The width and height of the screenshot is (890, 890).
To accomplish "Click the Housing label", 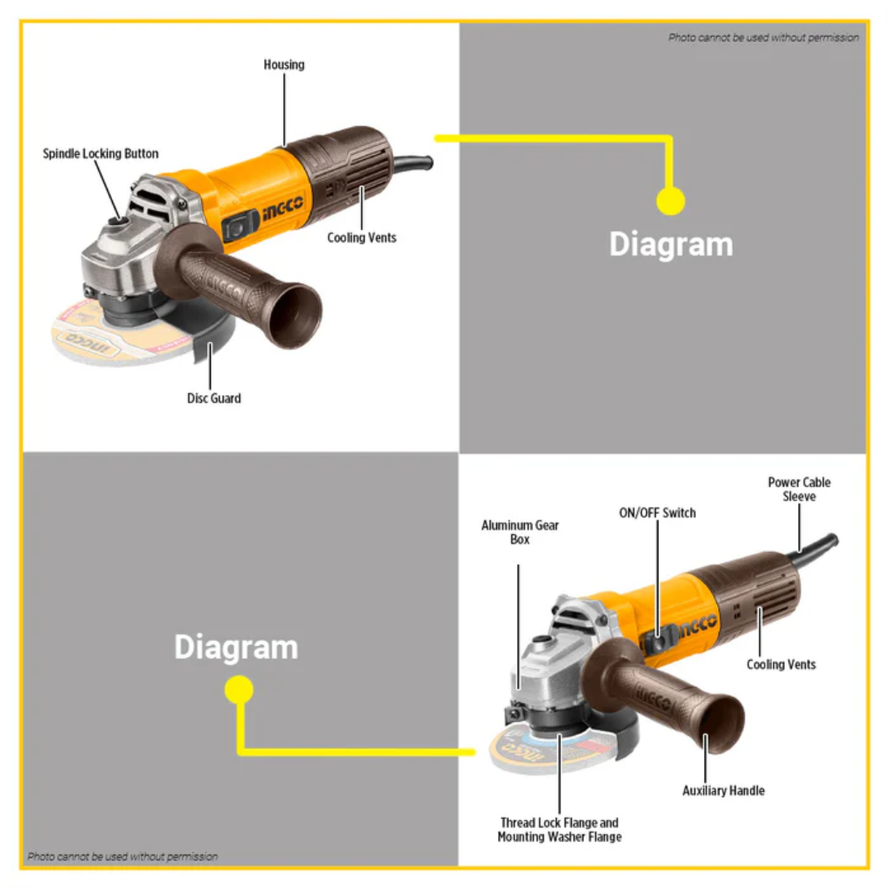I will coord(283,64).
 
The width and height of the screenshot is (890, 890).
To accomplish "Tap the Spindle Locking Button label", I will coord(101,154).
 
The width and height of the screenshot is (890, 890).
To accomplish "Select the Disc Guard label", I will coord(213,399).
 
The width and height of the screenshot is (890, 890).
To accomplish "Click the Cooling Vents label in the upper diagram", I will coord(362,238).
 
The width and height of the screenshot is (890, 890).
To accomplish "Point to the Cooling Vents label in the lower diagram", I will coord(781,664).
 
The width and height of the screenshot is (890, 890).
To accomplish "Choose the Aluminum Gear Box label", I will coord(520,532).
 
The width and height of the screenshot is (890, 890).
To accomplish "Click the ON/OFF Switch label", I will coord(658,513).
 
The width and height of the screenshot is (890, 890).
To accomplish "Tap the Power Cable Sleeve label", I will coord(799,489).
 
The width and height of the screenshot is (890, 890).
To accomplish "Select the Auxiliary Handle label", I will coord(724,791).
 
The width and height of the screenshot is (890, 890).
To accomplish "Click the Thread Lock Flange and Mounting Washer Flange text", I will coord(560,830).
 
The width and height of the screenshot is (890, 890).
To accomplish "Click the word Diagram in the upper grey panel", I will coord(671,245).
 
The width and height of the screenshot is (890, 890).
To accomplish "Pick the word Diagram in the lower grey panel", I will coord(236,648).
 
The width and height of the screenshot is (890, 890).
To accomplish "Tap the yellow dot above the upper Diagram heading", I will coord(671,201).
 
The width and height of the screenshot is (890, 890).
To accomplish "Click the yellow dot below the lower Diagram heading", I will coord(239,690).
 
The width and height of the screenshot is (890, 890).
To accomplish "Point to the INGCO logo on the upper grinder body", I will coord(283,212).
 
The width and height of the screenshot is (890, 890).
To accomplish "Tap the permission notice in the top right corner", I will coord(763,38).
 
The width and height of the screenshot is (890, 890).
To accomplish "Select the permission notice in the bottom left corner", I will coord(123,856).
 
